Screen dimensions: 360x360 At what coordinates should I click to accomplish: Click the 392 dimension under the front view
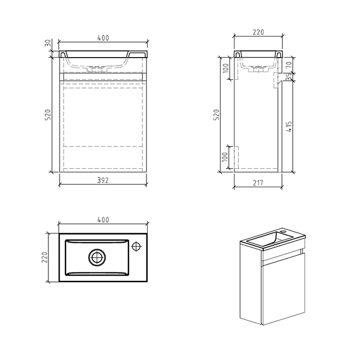104,180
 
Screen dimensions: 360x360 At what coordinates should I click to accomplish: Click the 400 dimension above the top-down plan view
104,220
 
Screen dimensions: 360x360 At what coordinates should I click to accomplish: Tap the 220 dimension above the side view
258,32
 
